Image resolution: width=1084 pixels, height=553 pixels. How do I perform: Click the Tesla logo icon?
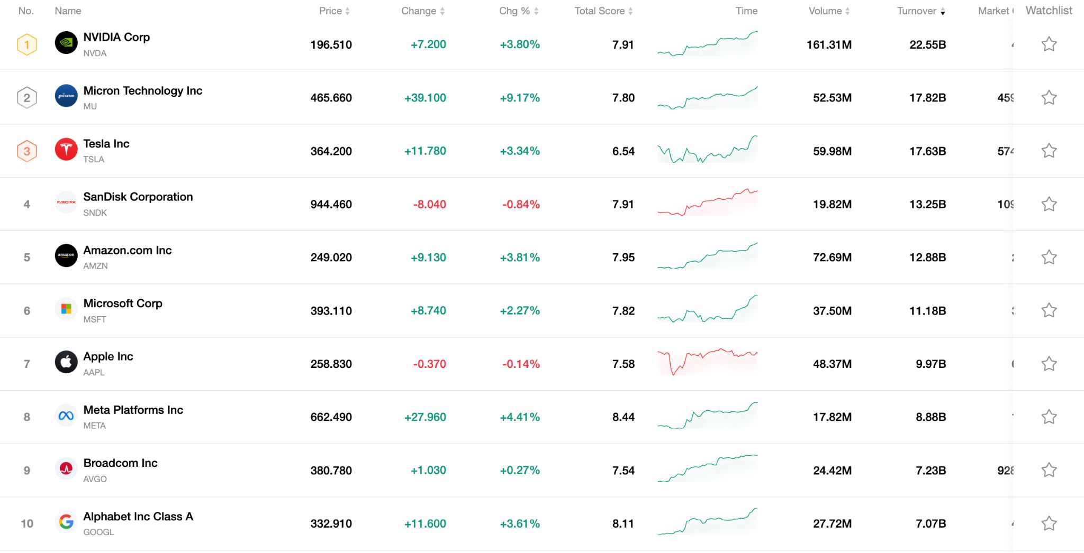click(x=66, y=150)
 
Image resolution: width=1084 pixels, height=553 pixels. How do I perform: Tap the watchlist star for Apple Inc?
click(x=1049, y=364)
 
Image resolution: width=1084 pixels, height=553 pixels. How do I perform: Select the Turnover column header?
click(x=917, y=11)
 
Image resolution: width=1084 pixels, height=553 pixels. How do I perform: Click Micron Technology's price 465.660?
click(x=331, y=98)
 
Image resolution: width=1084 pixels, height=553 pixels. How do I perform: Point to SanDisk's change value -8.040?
click(x=429, y=204)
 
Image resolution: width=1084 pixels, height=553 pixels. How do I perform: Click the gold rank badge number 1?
click(x=27, y=44)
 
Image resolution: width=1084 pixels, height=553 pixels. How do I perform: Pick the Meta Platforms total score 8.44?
click(x=623, y=417)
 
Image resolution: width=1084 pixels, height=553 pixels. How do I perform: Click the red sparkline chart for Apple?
click(x=707, y=362)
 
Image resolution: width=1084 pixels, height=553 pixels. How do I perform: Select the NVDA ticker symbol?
click(x=95, y=53)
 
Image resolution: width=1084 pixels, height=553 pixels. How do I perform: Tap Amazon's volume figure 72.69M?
click(x=832, y=257)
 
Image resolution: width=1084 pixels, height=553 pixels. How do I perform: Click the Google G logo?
click(x=66, y=522)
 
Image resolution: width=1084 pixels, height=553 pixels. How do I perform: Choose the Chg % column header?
click(x=514, y=11)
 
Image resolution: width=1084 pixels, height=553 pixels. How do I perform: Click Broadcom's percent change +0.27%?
click(x=520, y=471)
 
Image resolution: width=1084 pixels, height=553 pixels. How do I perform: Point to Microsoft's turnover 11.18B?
click(x=927, y=311)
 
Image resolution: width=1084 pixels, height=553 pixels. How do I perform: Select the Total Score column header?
click(x=600, y=11)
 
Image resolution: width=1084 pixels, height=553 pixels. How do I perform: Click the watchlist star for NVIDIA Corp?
click(x=1049, y=44)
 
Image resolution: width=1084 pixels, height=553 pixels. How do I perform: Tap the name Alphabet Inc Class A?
click(x=138, y=517)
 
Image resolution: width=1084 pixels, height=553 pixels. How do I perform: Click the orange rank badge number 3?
click(x=27, y=151)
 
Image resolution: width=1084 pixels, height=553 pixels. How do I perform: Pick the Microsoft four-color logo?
click(x=66, y=309)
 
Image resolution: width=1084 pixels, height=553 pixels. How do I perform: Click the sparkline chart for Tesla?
click(x=707, y=150)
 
